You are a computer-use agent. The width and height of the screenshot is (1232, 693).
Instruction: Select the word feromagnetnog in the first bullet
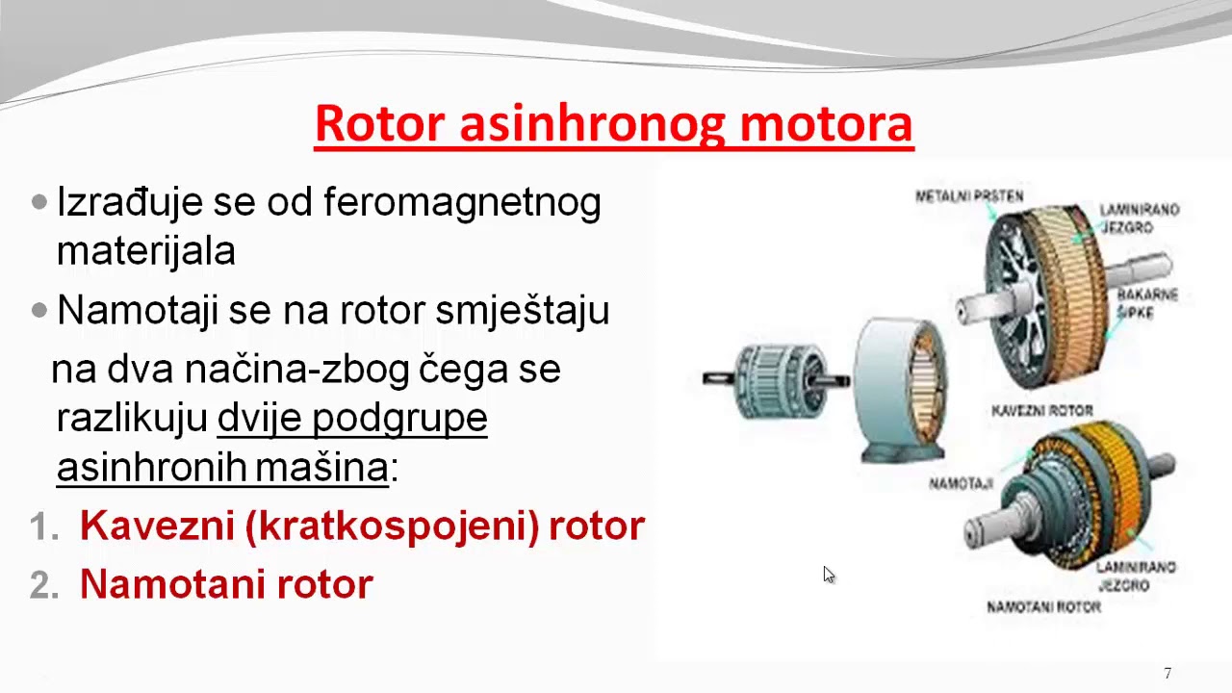(x=462, y=202)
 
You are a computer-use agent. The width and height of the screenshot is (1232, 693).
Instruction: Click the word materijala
(x=146, y=251)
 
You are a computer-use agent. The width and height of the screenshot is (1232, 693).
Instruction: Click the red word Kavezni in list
(x=157, y=526)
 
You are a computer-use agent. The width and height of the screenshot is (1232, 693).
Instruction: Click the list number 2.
(x=39, y=584)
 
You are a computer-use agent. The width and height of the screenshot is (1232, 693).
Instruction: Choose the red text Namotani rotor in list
(x=226, y=584)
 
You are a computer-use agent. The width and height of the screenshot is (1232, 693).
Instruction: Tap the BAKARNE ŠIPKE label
(x=1147, y=303)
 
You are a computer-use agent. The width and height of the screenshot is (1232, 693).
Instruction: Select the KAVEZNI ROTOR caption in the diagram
(x=1041, y=411)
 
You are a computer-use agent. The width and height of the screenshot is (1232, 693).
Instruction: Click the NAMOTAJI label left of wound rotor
(x=961, y=483)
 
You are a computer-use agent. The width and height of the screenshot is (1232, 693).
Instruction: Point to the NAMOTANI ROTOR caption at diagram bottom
(x=1043, y=607)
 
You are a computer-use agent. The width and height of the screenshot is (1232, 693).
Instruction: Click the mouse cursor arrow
(x=828, y=574)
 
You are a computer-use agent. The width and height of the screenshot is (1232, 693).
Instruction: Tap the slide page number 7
(x=1168, y=674)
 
